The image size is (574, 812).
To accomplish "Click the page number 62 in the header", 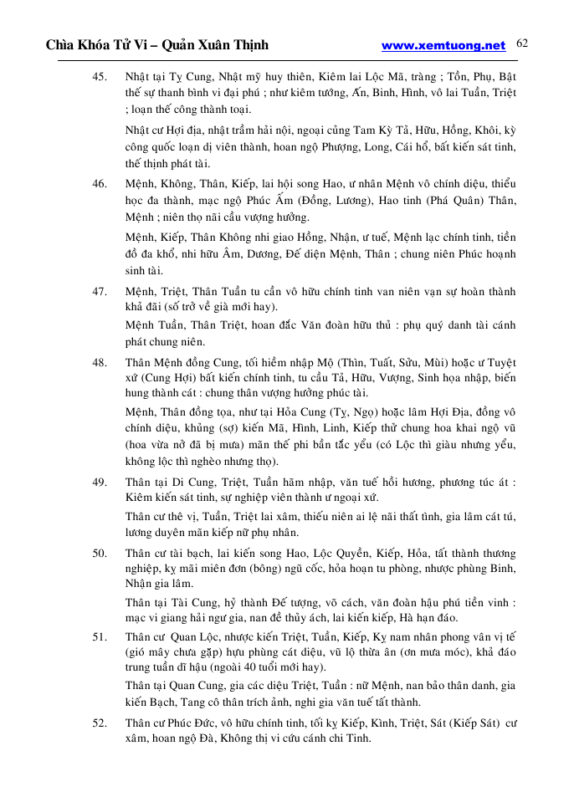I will pyautogui.click(x=523, y=43).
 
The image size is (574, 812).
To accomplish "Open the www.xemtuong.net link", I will pyautogui.click(x=443, y=45).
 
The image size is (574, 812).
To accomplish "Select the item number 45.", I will pyautogui.click(x=100, y=77).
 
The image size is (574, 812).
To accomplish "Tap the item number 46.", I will pyautogui.click(x=100, y=183).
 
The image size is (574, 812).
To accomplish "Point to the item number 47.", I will pyautogui.click(x=100, y=291).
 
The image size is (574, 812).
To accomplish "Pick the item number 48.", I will pyautogui.click(x=100, y=363).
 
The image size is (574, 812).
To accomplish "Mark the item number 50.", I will pyautogui.click(x=100, y=554).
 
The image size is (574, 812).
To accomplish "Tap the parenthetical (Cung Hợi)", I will pyautogui.click(x=154, y=379).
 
